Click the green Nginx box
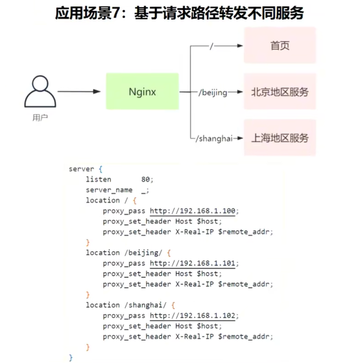pyautogui.click(x=142, y=92)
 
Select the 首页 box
pyautogui.click(x=280, y=46)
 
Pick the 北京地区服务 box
pyautogui.click(x=280, y=92)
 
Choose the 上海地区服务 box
pyautogui.click(x=280, y=138)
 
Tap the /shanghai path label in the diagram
pyautogui.click(x=213, y=138)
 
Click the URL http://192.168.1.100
pyautogui.click(x=194, y=211)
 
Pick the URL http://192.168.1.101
pyautogui.click(x=194, y=264)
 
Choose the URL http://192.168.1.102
pyautogui.click(x=194, y=316)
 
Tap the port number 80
pyautogui.click(x=146, y=180)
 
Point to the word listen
pyautogui.click(x=98, y=180)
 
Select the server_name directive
pyautogui.click(x=109, y=190)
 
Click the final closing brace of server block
pyautogui.click(x=71, y=358)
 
